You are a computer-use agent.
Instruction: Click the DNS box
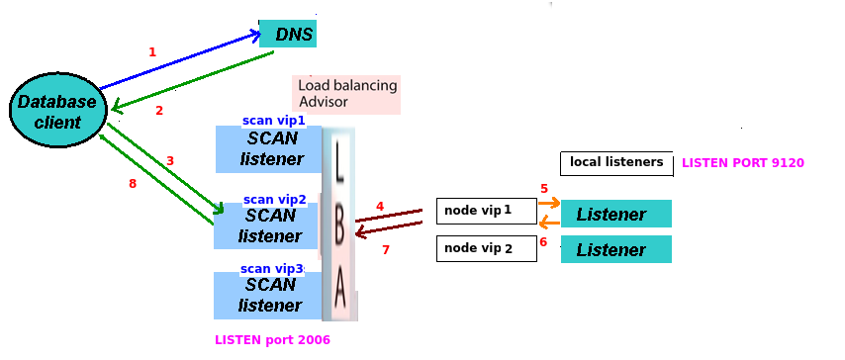click(288, 35)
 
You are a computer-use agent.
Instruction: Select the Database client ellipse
click(57, 112)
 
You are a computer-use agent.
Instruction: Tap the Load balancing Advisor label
click(347, 94)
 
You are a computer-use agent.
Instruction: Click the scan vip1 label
click(274, 121)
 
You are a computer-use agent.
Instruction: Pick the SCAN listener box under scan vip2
click(267, 226)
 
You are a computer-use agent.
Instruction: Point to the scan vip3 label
click(272, 268)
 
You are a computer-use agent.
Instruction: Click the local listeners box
click(615, 163)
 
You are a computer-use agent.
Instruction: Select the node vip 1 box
click(486, 211)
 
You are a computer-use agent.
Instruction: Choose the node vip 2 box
click(486, 248)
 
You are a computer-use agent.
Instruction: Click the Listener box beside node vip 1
click(615, 215)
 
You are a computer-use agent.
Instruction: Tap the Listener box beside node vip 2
click(615, 249)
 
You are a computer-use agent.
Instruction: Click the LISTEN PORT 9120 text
click(742, 163)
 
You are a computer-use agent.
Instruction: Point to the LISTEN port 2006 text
click(272, 339)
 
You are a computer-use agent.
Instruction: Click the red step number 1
click(152, 51)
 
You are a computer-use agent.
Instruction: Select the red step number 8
click(133, 184)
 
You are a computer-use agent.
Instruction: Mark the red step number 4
click(379, 207)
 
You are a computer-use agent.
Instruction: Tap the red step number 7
click(386, 250)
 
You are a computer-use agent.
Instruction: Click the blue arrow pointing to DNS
click(178, 61)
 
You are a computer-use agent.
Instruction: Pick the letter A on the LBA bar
click(339, 290)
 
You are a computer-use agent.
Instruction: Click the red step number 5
click(543, 188)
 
